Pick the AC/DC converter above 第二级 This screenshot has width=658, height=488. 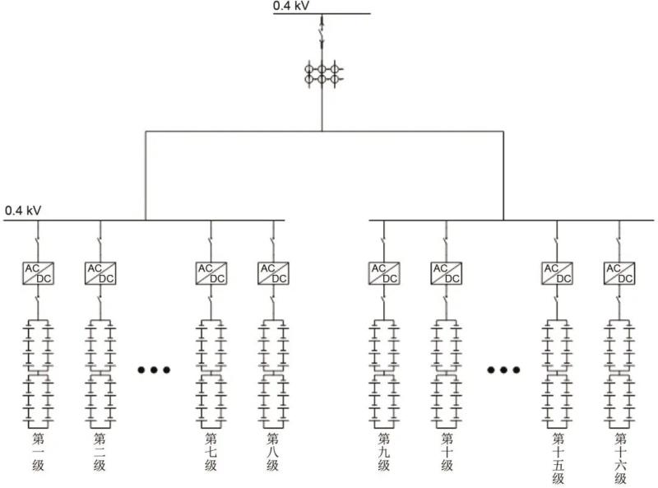coord(100,273)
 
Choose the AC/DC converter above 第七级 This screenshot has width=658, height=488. coord(211,273)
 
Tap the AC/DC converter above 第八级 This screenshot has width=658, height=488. coord(273,273)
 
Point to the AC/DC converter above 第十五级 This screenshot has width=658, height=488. coord(557,273)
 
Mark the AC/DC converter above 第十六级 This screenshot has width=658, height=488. coord(619,273)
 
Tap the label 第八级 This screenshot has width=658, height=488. coord(273,452)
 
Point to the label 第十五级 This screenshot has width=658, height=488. coord(558,458)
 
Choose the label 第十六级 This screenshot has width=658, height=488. coord(619,458)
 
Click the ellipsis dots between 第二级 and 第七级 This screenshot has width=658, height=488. coord(154,370)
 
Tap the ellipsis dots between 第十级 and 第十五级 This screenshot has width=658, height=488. coord(503,370)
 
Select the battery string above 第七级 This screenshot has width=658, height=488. coord(211,371)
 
